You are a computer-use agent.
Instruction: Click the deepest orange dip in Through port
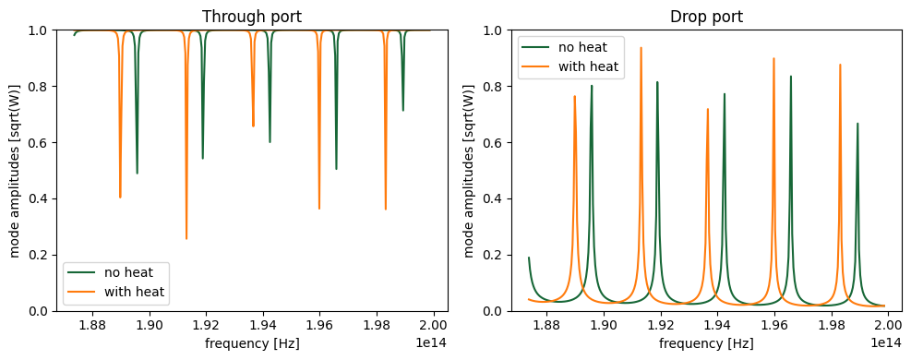click(186, 238)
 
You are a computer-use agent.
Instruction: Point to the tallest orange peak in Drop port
click(641, 48)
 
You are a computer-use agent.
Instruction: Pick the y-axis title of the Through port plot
click(16, 171)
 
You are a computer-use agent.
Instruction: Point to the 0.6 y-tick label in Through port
click(40, 143)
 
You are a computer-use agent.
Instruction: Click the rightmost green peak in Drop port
click(857, 124)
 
